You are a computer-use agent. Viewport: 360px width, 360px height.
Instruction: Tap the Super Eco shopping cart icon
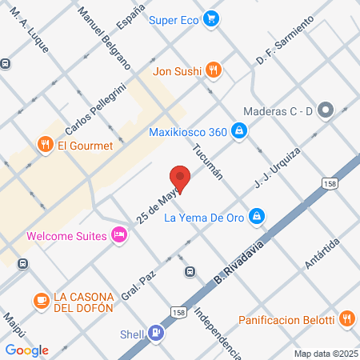coord(211,18)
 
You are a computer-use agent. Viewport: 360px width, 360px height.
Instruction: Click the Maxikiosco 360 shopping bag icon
coord(238,130)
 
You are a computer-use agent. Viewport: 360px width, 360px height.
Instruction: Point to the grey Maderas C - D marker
coord(326,110)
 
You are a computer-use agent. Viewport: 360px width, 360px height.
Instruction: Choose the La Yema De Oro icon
coord(256,215)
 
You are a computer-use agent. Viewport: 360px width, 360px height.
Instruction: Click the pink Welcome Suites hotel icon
coord(118,235)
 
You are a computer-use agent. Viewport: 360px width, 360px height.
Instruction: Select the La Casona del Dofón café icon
coord(39,300)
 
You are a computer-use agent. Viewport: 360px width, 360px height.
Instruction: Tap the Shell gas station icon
coord(156,335)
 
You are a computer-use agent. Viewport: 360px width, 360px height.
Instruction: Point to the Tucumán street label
coord(206,163)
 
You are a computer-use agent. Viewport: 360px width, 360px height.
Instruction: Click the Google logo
coord(26,350)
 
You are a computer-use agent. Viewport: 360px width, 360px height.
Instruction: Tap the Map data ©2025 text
coord(325,353)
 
